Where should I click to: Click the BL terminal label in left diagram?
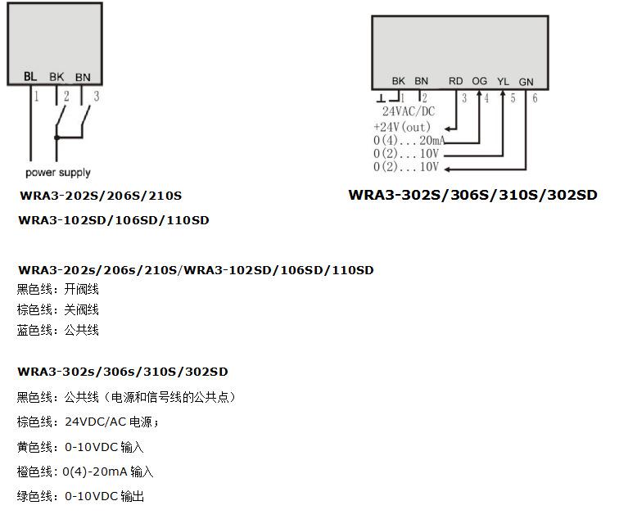[x=30, y=76]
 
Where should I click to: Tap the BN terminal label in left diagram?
[x=83, y=77]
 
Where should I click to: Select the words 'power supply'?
[x=57, y=173]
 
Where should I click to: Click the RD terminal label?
[x=456, y=81]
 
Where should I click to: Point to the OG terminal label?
[x=480, y=81]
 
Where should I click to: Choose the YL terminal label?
[x=504, y=81]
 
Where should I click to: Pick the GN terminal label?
[x=526, y=81]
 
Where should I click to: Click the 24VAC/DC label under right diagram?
[x=409, y=111]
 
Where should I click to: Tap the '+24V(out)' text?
[x=402, y=127]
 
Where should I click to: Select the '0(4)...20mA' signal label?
[x=409, y=141]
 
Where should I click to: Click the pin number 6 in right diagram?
[x=535, y=99]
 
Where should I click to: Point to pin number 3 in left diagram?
[x=97, y=97]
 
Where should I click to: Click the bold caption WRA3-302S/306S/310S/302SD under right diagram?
[x=472, y=195]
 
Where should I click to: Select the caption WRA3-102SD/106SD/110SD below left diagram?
[x=114, y=220]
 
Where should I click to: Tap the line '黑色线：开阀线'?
[x=57, y=289]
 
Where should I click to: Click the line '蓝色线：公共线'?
[x=57, y=330]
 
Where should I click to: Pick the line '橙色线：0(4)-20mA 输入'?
[x=84, y=472]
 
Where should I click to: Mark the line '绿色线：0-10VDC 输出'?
[x=80, y=496]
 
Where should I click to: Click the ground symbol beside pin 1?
[x=382, y=98]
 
